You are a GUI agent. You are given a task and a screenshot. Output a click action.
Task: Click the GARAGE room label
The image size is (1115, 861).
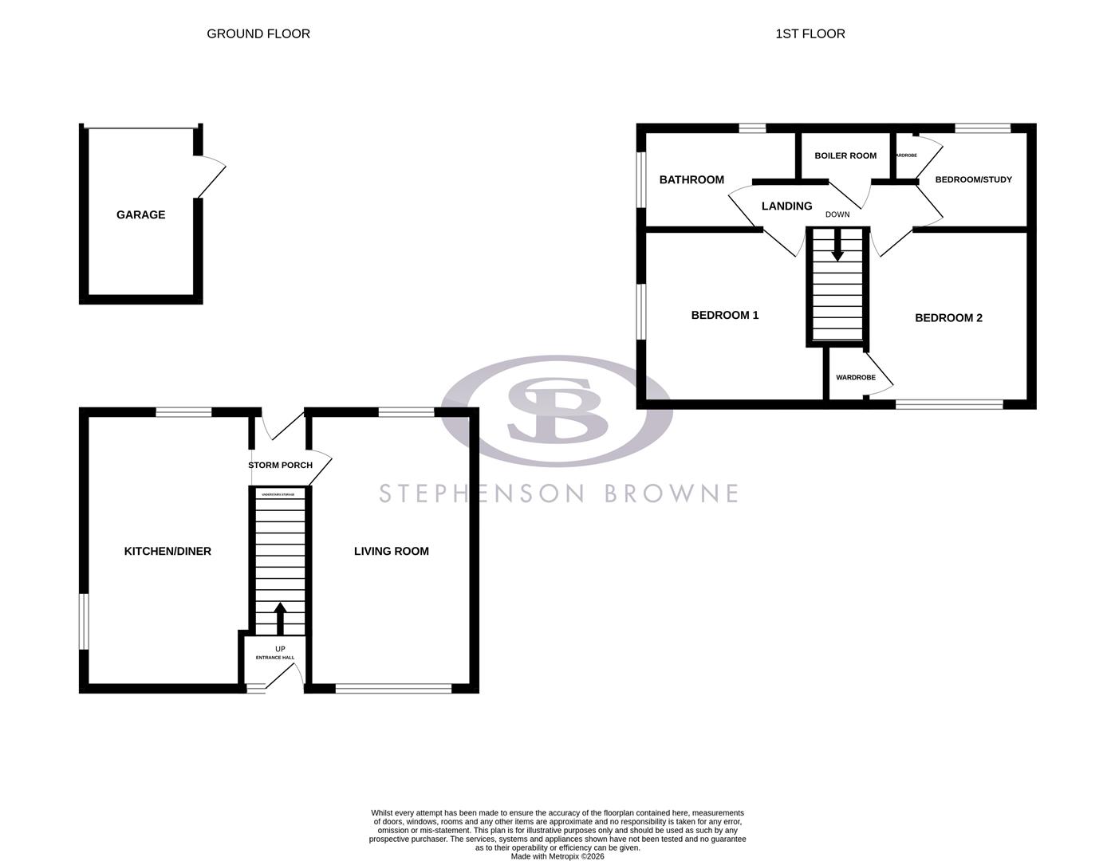tap(140, 214)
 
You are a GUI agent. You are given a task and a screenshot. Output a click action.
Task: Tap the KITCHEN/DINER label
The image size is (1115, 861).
tap(167, 551)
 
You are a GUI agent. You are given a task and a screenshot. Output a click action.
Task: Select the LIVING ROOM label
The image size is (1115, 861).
tap(391, 551)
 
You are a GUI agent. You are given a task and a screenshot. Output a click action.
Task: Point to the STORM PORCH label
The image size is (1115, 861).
tap(280, 465)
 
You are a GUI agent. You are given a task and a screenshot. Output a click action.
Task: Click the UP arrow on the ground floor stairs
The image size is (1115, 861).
tap(280, 618)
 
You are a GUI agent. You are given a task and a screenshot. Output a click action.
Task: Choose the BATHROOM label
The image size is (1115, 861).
tap(691, 179)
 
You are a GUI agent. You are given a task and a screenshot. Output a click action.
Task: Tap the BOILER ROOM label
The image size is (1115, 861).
tap(845, 155)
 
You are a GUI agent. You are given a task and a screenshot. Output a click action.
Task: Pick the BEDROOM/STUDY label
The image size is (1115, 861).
tap(973, 179)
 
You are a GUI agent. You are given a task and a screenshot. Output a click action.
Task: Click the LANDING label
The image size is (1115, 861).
tap(786, 206)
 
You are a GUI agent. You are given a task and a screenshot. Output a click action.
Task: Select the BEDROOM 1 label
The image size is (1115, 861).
tap(724, 315)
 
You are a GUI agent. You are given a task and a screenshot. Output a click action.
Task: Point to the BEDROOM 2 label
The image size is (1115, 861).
tap(948, 318)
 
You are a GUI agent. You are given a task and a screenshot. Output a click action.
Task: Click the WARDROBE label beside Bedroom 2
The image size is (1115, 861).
tap(855, 377)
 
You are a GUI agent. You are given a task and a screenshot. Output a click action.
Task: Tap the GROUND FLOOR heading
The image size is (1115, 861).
tap(258, 33)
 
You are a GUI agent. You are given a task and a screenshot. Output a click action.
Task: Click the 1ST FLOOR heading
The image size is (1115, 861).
tap(810, 33)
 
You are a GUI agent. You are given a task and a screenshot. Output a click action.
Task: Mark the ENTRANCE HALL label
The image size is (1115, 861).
tap(275, 658)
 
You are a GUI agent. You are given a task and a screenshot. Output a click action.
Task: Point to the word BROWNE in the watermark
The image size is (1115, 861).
tap(671, 493)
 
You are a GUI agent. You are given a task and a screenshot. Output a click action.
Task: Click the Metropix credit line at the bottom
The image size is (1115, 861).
tap(557, 856)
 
